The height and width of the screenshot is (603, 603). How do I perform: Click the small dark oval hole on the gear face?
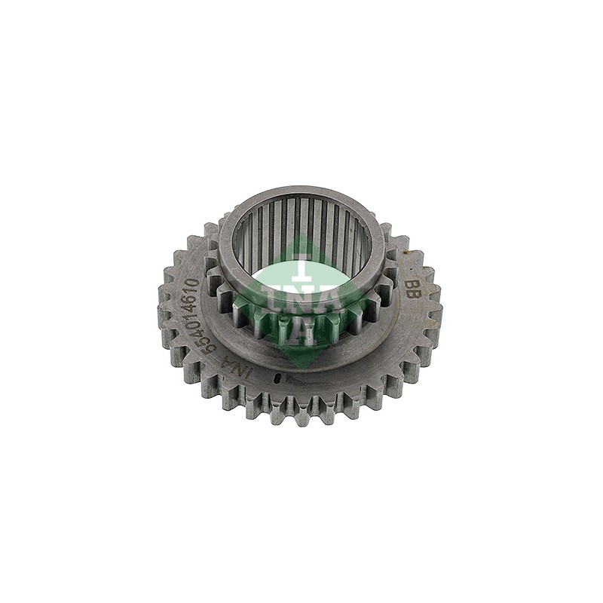(x=277, y=379)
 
